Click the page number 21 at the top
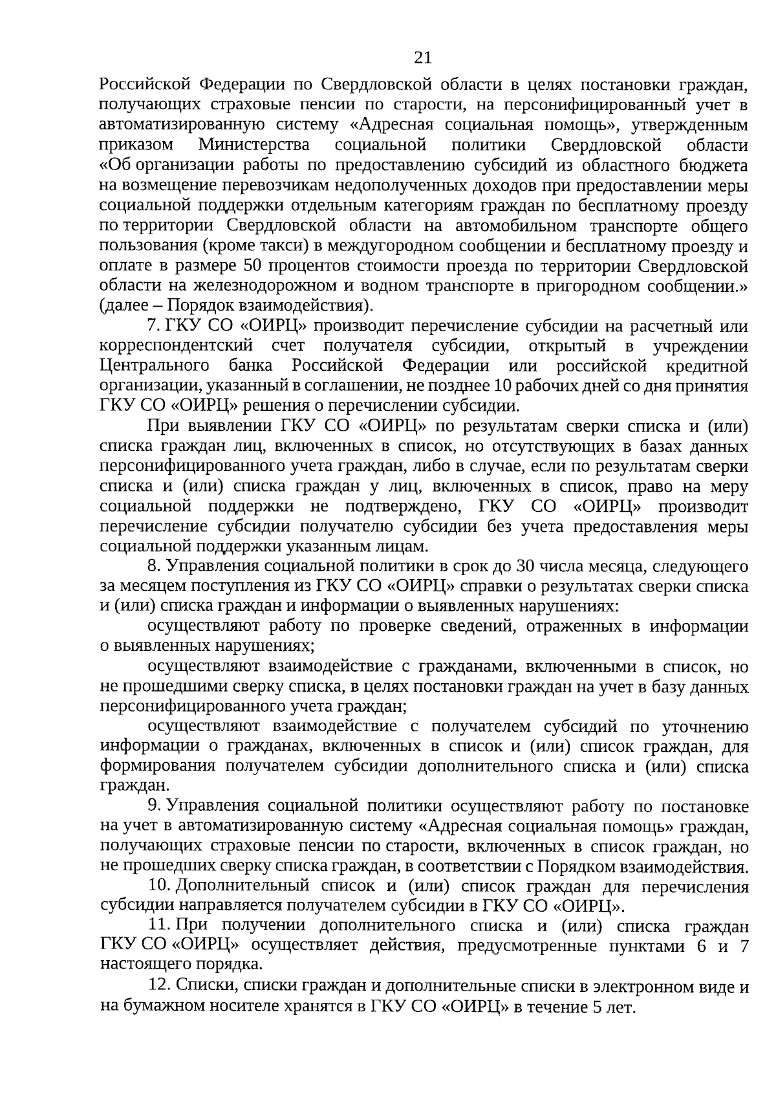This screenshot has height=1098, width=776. (x=422, y=58)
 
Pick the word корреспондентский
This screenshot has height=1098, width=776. (x=176, y=346)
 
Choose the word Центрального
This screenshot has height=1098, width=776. (x=155, y=366)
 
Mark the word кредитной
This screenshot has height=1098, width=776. (x=707, y=366)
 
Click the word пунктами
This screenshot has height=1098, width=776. (x=643, y=947)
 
